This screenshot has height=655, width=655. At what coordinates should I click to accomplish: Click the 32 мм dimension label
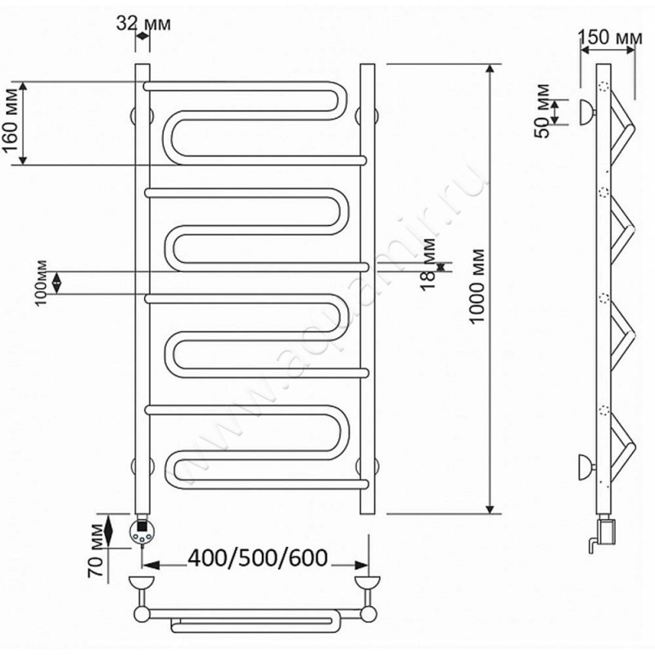[x=143, y=24]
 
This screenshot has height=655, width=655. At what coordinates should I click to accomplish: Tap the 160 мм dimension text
[x=12, y=120]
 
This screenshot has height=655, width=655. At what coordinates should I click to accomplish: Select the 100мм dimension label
[x=42, y=282]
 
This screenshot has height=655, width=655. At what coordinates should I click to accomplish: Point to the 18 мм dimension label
[x=428, y=264]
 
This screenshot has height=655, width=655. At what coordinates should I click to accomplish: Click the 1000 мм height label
[x=477, y=286]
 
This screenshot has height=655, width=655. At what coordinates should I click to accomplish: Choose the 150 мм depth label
[x=610, y=37]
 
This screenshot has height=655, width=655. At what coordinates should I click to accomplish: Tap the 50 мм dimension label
[x=543, y=111]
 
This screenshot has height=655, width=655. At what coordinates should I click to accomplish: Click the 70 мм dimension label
[x=96, y=550]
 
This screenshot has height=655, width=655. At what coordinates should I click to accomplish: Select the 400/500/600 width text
[x=258, y=558]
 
